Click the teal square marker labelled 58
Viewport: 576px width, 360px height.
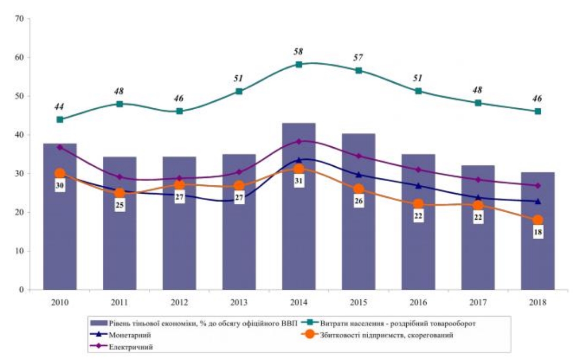coord(299,64)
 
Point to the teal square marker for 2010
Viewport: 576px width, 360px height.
coord(60,119)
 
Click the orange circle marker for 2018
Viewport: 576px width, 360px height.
coord(537,220)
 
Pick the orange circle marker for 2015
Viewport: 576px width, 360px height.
coord(359,189)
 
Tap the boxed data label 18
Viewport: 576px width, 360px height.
coord(538,232)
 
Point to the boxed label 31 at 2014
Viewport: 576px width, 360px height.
coord(299,182)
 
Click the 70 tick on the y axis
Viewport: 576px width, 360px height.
coord(20,18)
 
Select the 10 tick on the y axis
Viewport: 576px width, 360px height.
coord(20,251)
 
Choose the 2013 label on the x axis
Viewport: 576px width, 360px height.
coord(239,302)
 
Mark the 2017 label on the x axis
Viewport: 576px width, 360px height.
coord(478,302)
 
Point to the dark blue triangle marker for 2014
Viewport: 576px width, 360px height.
coord(299,160)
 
